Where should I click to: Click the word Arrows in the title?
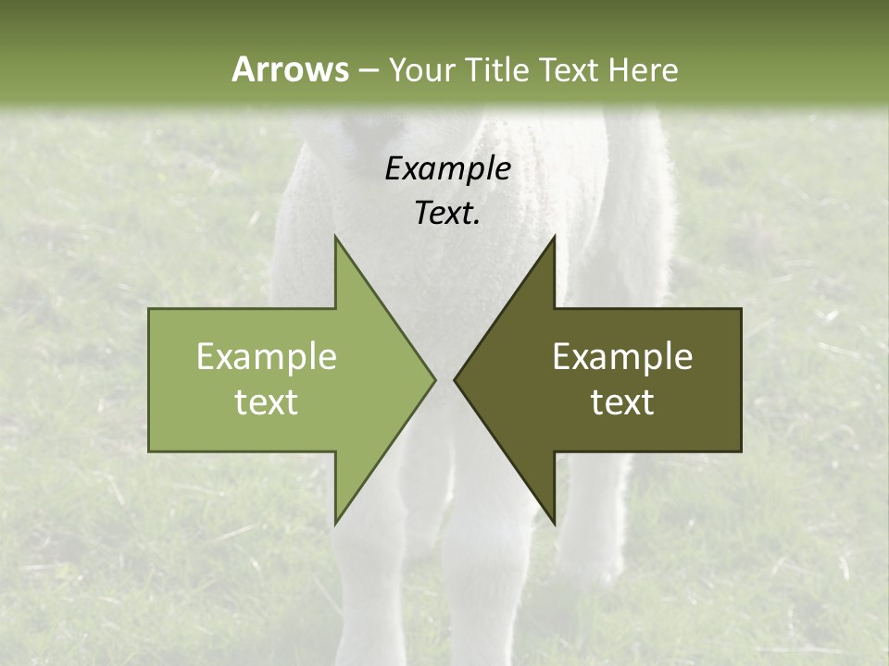pyautogui.click(x=288, y=69)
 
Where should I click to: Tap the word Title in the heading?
pyautogui.click(x=497, y=69)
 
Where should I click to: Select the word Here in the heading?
pyautogui.click(x=644, y=69)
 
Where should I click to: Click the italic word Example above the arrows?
pyautogui.click(x=447, y=168)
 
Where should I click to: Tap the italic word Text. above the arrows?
pyautogui.click(x=447, y=213)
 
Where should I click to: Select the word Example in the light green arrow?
pyautogui.click(x=267, y=356)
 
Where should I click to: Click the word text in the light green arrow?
pyautogui.click(x=267, y=402)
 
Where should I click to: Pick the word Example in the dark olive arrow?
pyautogui.click(x=622, y=356)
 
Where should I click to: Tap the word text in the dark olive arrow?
pyautogui.click(x=622, y=402)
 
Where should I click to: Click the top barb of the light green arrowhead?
pyautogui.click(x=337, y=242)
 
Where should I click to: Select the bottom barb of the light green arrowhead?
pyautogui.click(x=337, y=518)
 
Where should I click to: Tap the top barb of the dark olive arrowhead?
pyautogui.click(x=552, y=242)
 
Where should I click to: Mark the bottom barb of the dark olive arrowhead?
pyautogui.click(x=552, y=518)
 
